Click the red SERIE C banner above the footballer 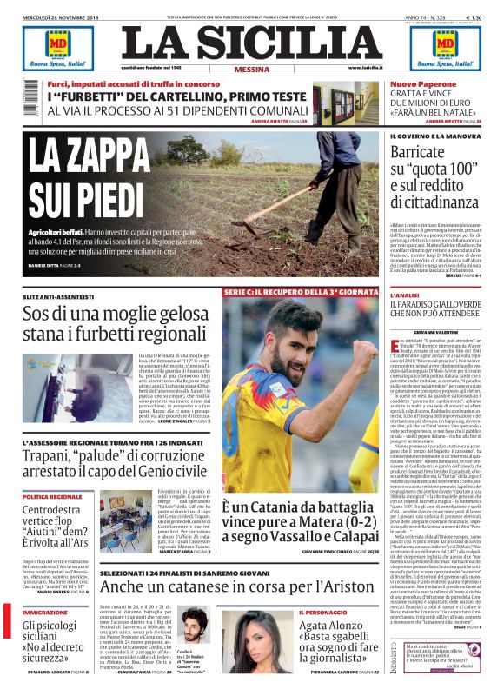(x=299, y=292)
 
